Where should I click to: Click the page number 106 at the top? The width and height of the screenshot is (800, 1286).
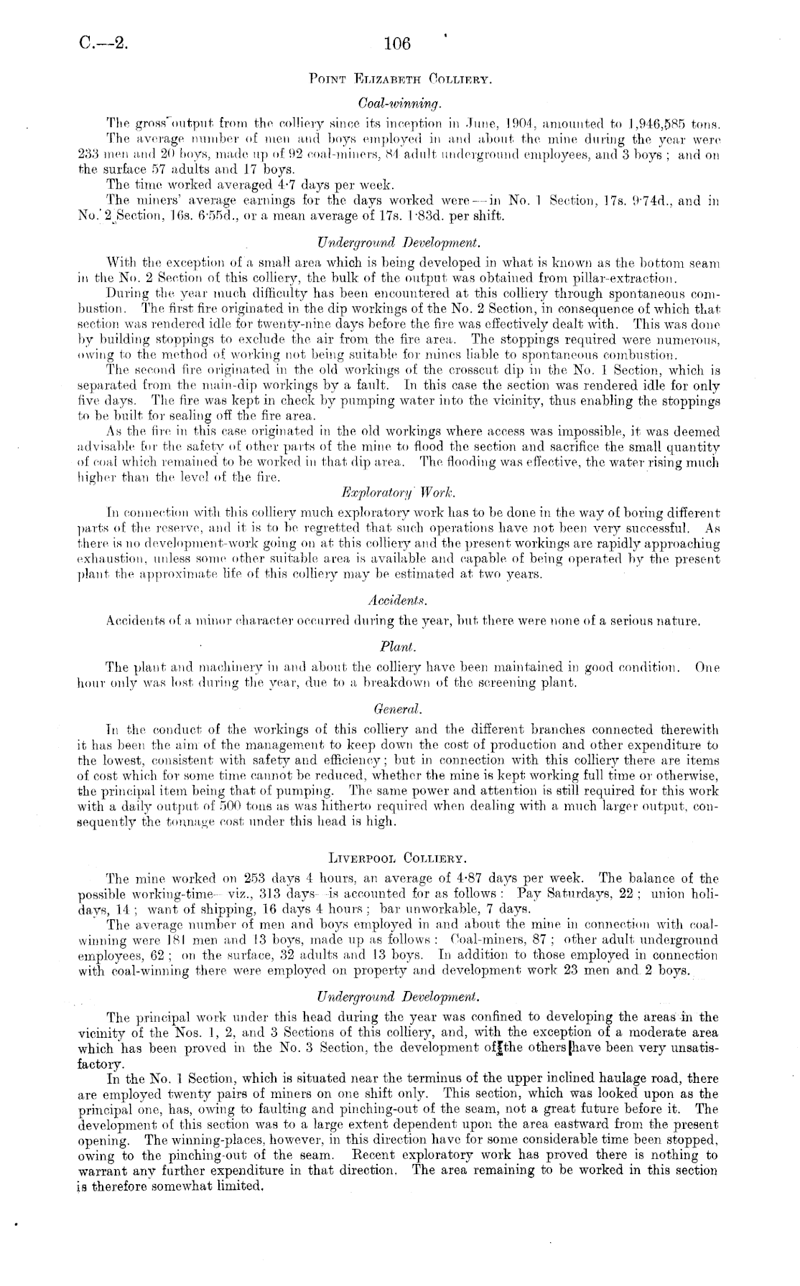tap(396, 44)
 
